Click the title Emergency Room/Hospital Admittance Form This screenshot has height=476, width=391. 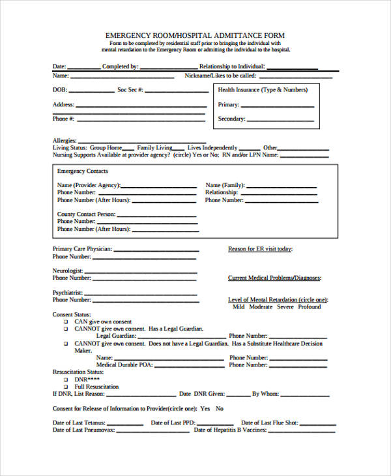click(195, 35)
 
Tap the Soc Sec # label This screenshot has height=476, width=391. click(130, 89)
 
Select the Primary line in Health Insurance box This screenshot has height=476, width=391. click(278, 106)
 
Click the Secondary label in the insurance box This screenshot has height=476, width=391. click(231, 119)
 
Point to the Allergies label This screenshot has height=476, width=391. click(65, 140)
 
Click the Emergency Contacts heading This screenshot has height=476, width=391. click(82, 171)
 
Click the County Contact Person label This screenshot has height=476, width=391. click(86, 214)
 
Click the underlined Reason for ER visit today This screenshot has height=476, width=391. click(260, 248)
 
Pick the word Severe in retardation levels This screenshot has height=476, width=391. click(285, 306)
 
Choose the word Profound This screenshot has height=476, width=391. click(310, 306)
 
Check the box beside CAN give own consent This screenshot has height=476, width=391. click(65, 322)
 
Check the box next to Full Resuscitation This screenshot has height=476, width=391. click(65, 387)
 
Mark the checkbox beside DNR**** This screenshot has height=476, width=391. click(65, 379)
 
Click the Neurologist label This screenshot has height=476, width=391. click(68, 270)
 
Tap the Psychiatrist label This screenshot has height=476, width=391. click(68, 293)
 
